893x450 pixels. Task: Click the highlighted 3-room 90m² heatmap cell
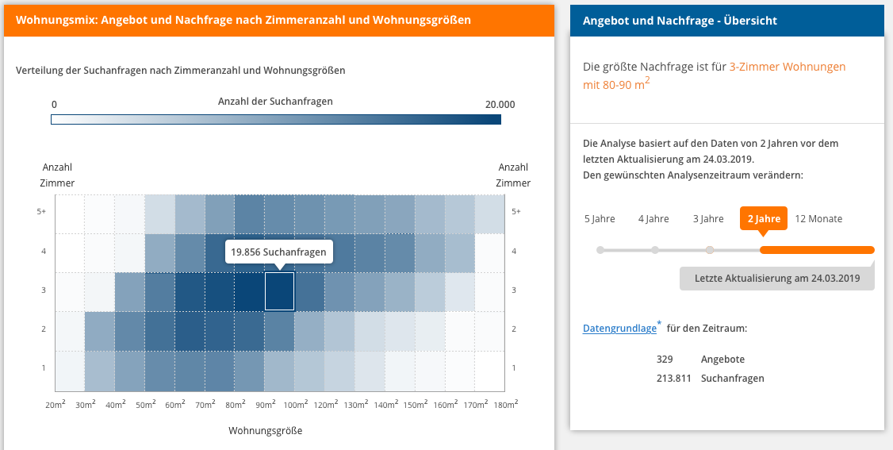click(x=279, y=290)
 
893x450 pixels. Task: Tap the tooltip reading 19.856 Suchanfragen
click(x=279, y=252)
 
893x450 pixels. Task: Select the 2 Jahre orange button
click(x=763, y=218)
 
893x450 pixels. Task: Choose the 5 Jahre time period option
click(x=600, y=218)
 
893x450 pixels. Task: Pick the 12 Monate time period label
click(x=818, y=218)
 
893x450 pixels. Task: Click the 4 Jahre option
click(x=653, y=218)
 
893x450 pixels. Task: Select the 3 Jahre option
click(x=708, y=218)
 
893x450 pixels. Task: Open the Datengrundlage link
click(x=619, y=328)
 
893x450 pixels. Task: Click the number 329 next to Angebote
click(x=665, y=360)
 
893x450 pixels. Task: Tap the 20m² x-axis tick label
click(x=56, y=405)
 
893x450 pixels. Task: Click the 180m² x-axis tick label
click(x=504, y=405)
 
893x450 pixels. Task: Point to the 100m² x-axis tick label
click(x=295, y=405)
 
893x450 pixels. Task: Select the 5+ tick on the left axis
click(x=44, y=212)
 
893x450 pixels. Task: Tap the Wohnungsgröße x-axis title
click(x=265, y=431)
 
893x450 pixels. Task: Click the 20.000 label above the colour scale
click(x=500, y=104)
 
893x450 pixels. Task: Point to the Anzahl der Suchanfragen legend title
click(x=275, y=102)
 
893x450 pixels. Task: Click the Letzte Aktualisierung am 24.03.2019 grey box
click(x=776, y=278)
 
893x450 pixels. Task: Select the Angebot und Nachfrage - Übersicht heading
click(x=680, y=21)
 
